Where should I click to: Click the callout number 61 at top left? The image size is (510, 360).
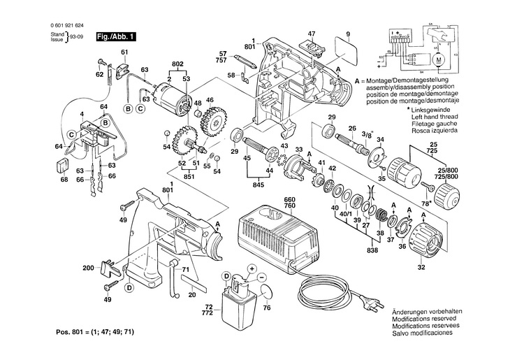(124, 53)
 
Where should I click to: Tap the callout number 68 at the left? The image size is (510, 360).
(64, 180)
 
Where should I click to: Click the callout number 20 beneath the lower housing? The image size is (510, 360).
(191, 295)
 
